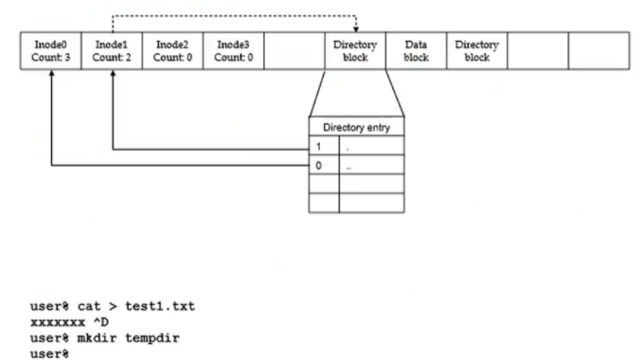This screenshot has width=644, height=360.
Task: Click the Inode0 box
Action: coord(51,50)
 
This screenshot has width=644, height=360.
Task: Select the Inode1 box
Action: coord(112,50)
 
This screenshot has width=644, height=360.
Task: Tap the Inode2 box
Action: coord(172,50)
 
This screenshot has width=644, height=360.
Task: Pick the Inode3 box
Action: coord(233,50)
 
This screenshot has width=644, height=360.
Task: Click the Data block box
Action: coord(416,50)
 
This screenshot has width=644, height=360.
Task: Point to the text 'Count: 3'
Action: coord(51,58)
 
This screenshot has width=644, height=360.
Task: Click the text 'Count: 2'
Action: coord(112,58)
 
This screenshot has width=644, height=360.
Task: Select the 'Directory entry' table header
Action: coord(356,127)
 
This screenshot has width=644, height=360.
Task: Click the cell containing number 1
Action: coord(324,146)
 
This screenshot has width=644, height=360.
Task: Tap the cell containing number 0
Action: coord(324,165)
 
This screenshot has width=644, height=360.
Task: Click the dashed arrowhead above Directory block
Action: coord(356,29)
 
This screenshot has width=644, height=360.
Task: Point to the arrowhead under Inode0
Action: coord(52,73)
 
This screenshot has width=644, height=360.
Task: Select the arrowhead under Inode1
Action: coord(113,73)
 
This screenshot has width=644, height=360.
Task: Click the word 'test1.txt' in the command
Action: coord(160,306)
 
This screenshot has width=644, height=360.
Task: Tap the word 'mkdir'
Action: coord(97,338)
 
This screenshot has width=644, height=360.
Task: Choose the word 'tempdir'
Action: coord(152,338)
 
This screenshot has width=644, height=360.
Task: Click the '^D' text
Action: coord(101,322)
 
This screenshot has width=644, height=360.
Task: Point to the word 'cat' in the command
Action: coord(89,307)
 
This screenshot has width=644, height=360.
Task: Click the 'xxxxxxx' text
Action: coord(58,323)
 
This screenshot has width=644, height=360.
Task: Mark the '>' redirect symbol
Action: coord(113,307)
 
